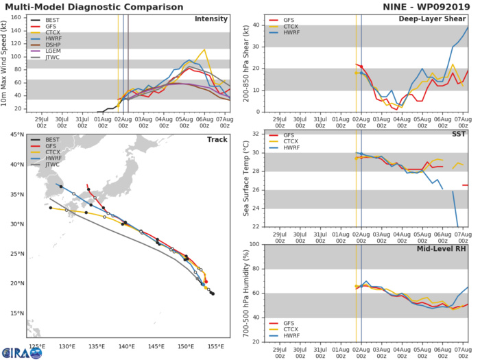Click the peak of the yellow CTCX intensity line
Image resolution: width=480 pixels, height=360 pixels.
click(x=204, y=49)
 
